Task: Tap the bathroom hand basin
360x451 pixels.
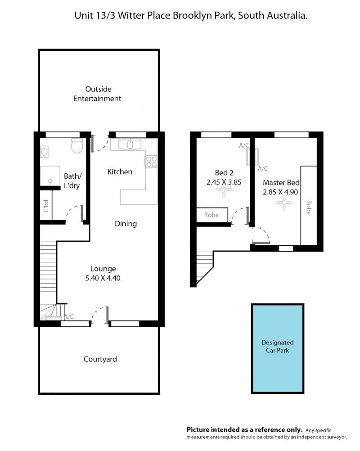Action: [44, 152]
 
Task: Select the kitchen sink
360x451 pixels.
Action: [130, 144]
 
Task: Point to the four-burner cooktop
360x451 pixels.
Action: [151, 161]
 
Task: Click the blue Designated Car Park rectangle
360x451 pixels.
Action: [278, 348]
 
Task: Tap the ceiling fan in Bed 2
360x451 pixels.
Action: [224, 189]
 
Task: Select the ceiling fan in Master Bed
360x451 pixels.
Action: [284, 203]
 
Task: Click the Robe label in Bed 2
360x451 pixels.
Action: [211, 215]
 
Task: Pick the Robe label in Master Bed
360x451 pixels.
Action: [308, 207]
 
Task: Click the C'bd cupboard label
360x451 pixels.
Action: [46, 206]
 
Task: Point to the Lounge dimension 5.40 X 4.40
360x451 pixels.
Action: [103, 278]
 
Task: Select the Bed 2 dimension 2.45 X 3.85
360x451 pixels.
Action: [224, 182]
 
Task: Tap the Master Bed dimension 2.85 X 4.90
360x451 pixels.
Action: [280, 192]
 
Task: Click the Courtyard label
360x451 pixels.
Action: [100, 359]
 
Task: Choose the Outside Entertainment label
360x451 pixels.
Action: [97, 94]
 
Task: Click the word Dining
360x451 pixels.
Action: [126, 224]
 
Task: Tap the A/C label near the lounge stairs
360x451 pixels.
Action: [69, 317]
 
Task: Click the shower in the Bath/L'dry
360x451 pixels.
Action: [50, 176]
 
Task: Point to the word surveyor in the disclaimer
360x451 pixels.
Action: [335, 437]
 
